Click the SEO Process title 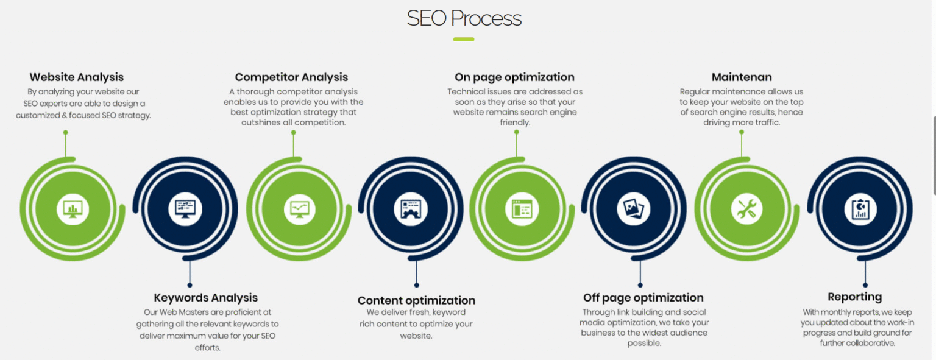coord(464,18)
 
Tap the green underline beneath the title coord(463,39)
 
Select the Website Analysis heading coord(76,77)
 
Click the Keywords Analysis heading coord(205,298)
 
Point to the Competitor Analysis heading coord(291,77)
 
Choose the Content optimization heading coord(416,300)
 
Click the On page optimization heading coord(514,77)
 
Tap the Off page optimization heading coord(643,298)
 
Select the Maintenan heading coord(742,77)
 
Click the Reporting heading coord(854,297)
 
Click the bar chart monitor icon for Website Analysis coord(73,209)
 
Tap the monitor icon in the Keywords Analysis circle coord(185,209)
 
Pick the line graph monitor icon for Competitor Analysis coord(300,209)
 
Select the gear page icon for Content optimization coord(410,209)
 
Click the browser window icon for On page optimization coord(522,209)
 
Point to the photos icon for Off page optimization coord(634,209)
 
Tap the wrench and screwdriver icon coord(746,209)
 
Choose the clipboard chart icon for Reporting coord(860,209)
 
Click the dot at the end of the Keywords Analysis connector coord(190,285)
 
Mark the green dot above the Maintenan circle coord(742,132)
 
